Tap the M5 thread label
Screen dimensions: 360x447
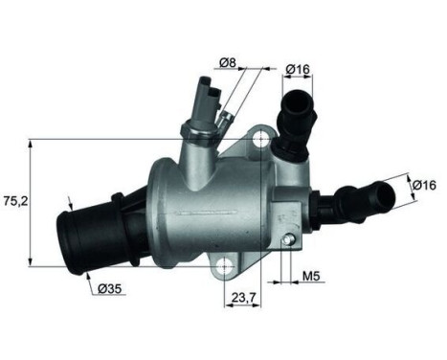click(311, 280)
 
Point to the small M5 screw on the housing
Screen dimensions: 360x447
click(285, 237)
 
